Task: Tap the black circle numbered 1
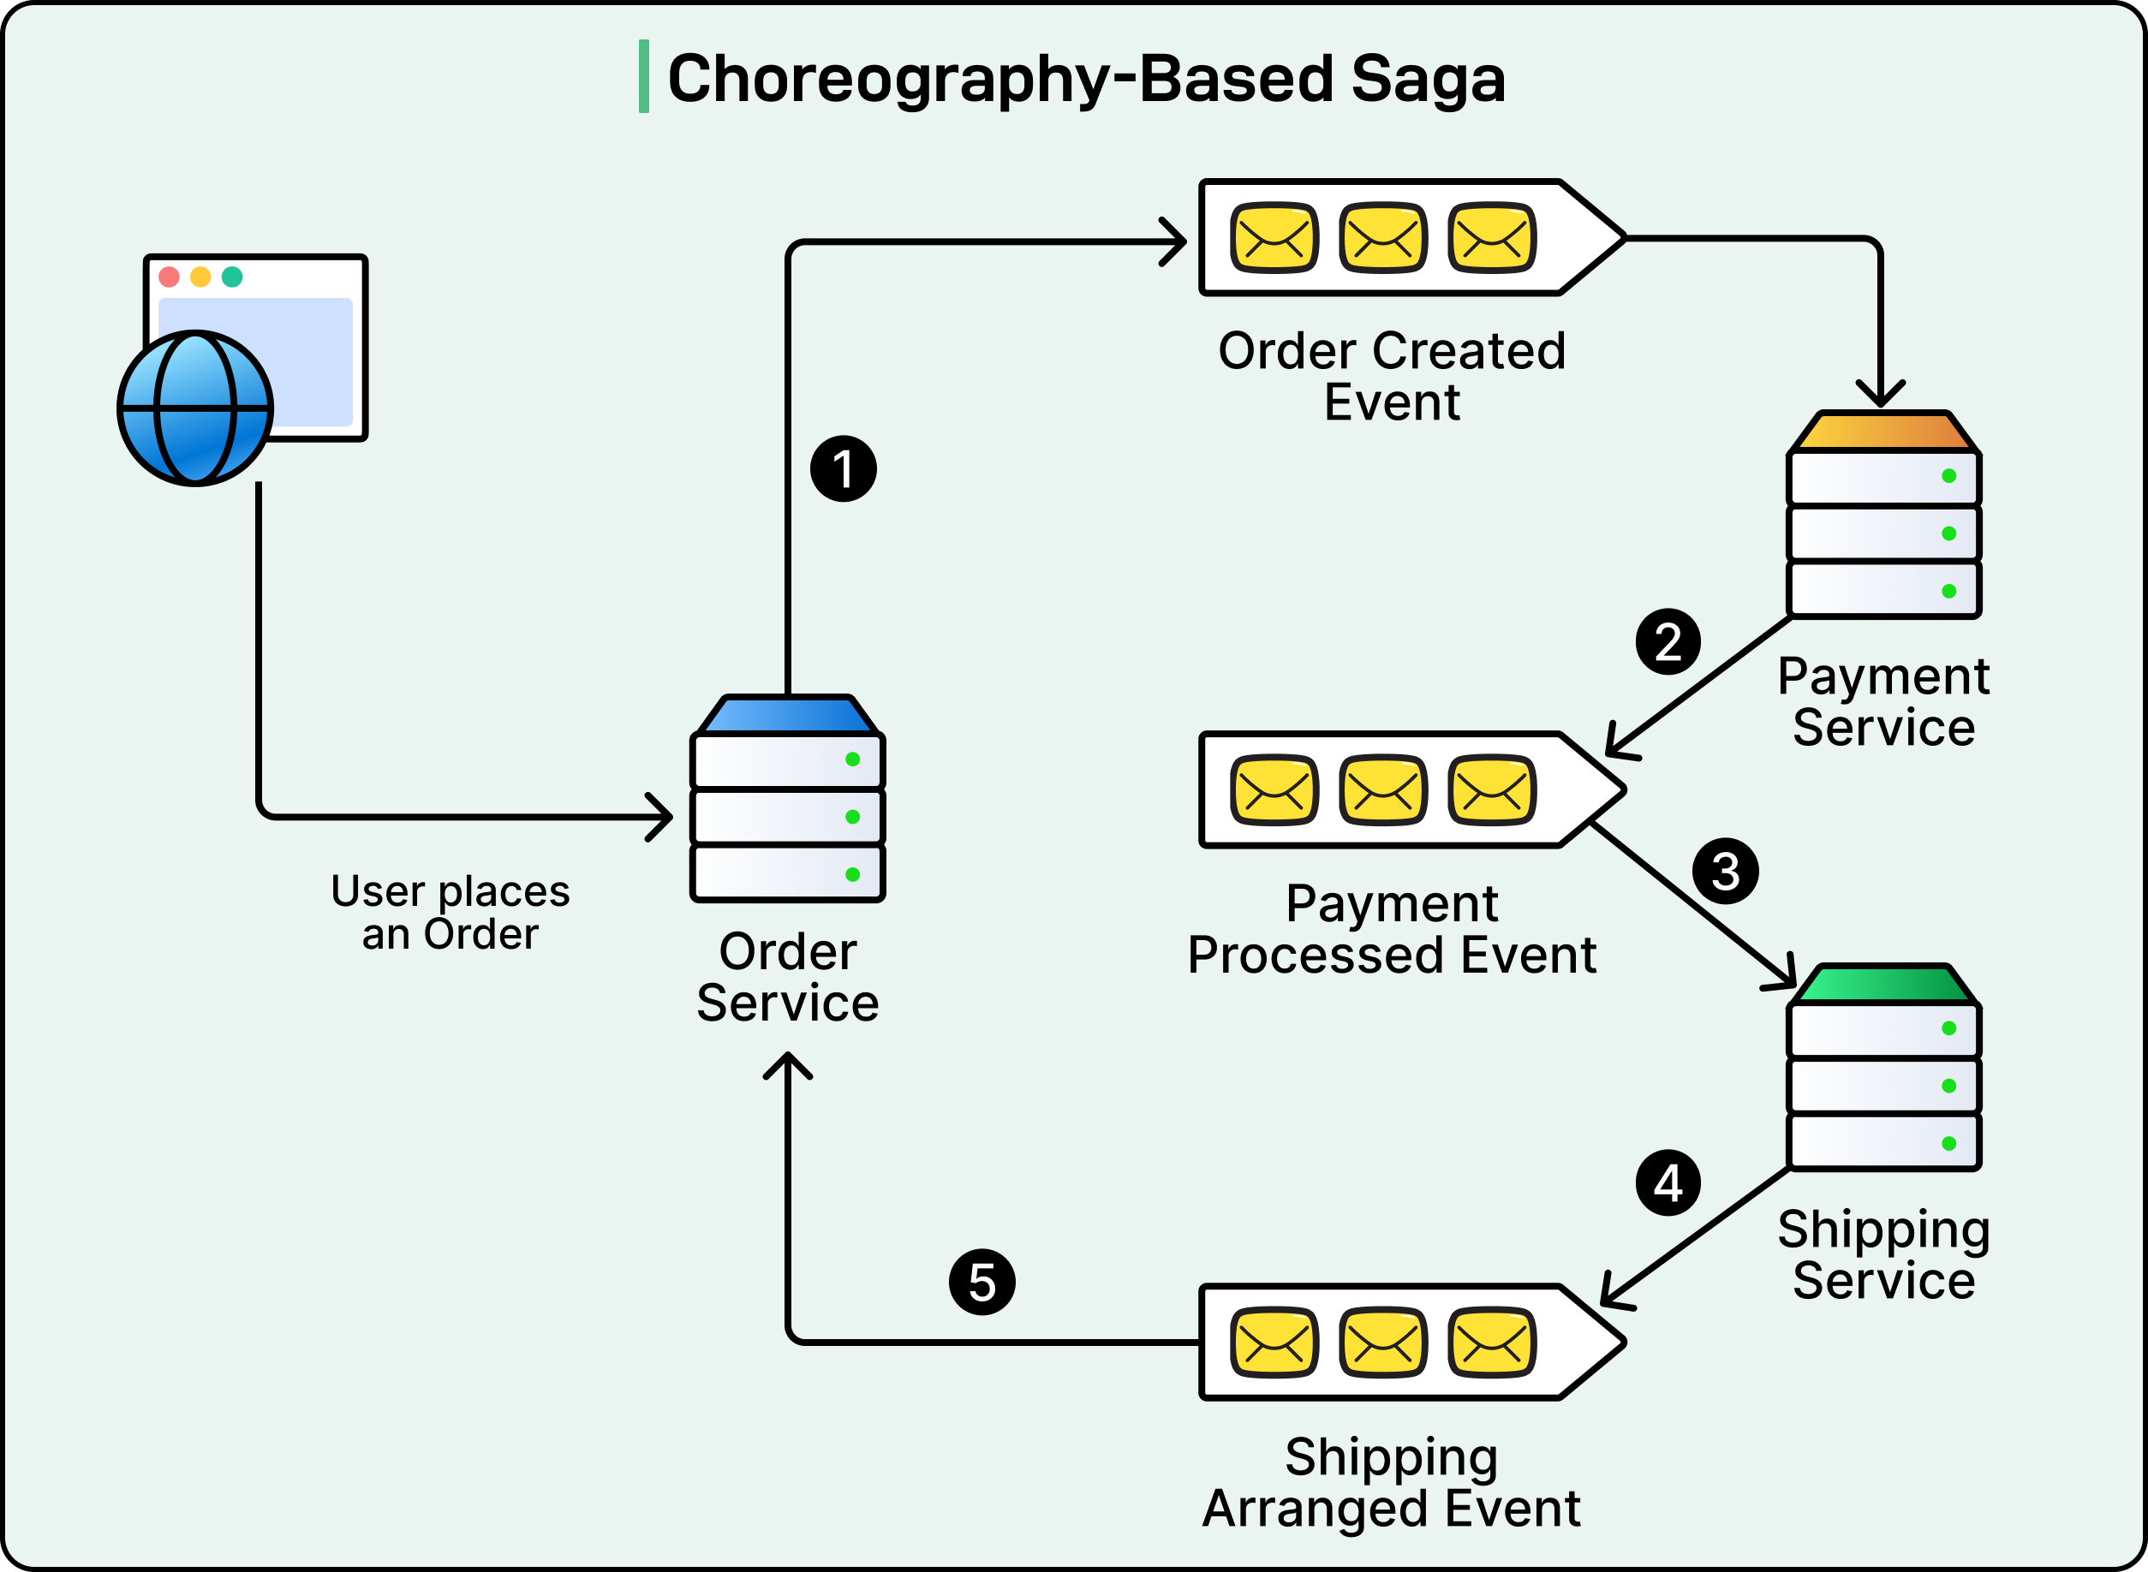pyautogui.click(x=844, y=469)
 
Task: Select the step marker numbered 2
pyautogui.click(x=1668, y=642)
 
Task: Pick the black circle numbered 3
pyautogui.click(x=1725, y=872)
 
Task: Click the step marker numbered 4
pyautogui.click(x=1668, y=1182)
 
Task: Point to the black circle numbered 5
pyautogui.click(x=982, y=1282)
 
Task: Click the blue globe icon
pyautogui.click(x=195, y=408)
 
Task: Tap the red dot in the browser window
pyautogui.click(x=170, y=277)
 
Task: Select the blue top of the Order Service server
pyautogui.click(x=787, y=716)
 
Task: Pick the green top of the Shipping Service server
pyautogui.click(x=1883, y=984)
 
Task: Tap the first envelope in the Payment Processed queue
pyautogui.click(x=1274, y=789)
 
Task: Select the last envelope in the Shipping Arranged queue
pyautogui.click(x=1491, y=1342)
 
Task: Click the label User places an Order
pyautogui.click(x=450, y=913)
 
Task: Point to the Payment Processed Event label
pyautogui.click(x=1392, y=929)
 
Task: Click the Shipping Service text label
pyautogui.click(x=1883, y=1254)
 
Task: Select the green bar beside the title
pyautogui.click(x=644, y=77)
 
